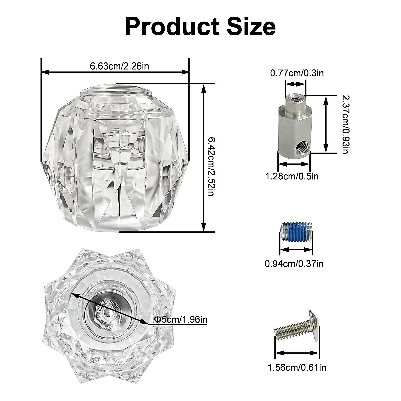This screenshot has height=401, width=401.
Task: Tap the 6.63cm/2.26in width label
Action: pos(119,65)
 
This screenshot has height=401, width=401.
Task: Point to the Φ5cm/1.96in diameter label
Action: pos(181,319)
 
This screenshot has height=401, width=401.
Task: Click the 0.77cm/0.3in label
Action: pos(297,73)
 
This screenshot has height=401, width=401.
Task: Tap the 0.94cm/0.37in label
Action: pos(294,264)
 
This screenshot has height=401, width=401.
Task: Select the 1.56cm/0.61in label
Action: pos(297,368)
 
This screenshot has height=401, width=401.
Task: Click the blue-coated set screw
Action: pos(296,231)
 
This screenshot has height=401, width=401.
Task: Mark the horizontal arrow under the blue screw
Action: pos(296,250)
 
